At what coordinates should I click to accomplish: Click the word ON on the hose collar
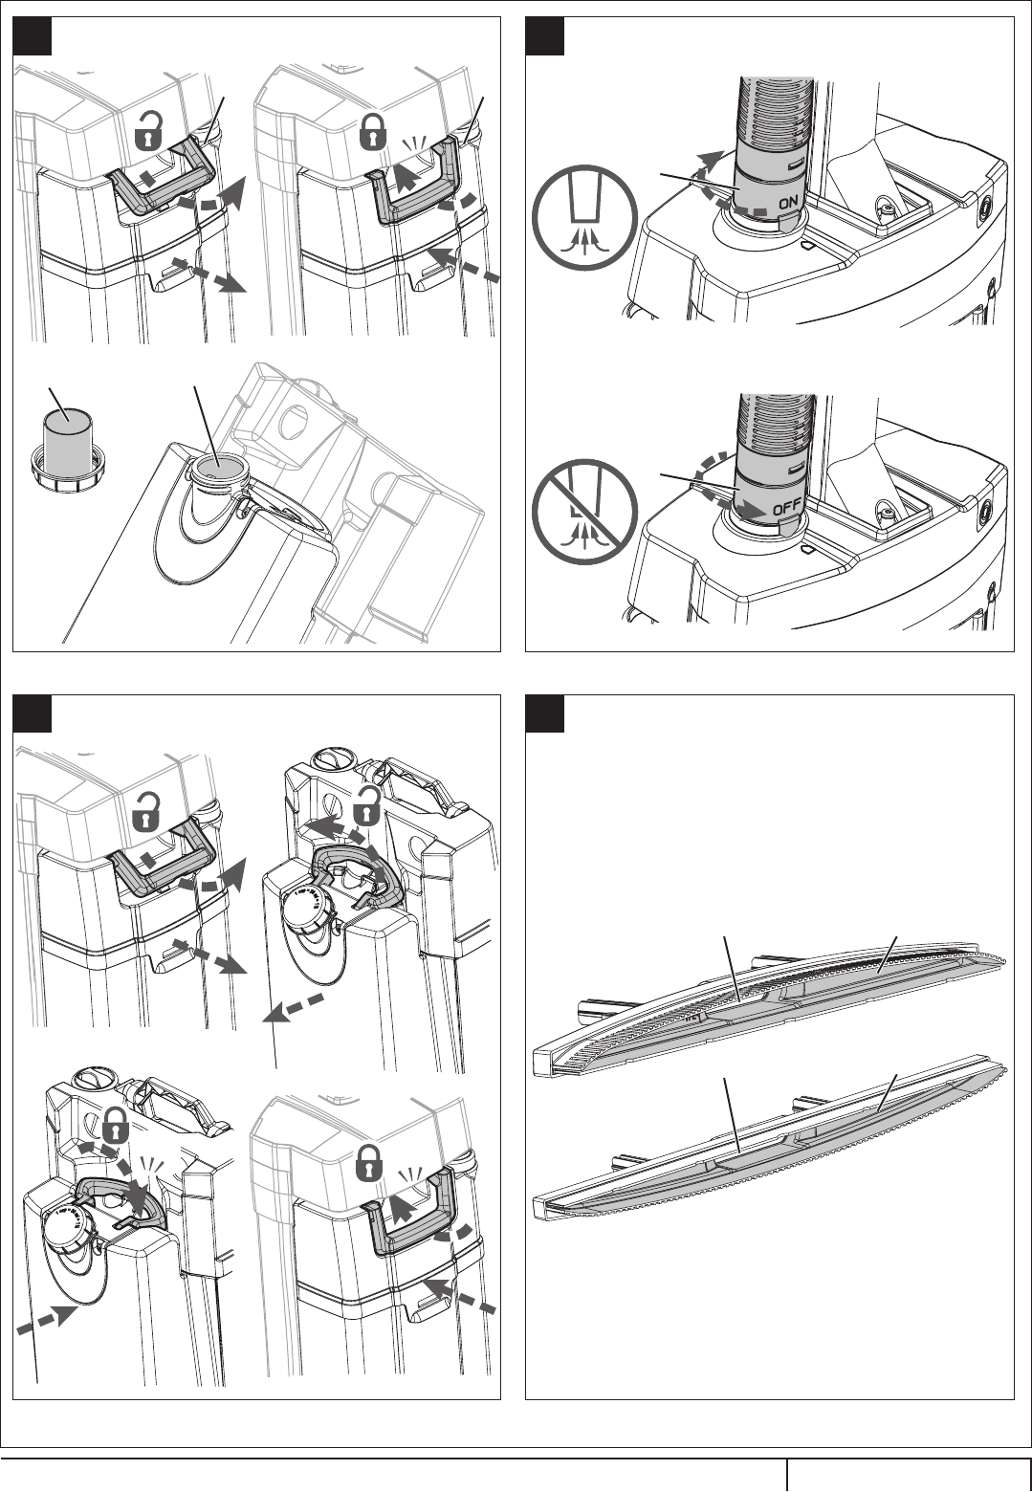787,203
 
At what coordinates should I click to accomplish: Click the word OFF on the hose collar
786,508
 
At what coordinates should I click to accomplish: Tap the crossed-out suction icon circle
585,511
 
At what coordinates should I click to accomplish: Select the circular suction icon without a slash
585,217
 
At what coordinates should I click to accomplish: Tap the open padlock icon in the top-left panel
149,130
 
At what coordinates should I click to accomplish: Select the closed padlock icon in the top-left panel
374,130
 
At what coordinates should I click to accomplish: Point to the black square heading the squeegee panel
545,713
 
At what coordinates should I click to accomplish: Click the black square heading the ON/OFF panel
545,36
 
